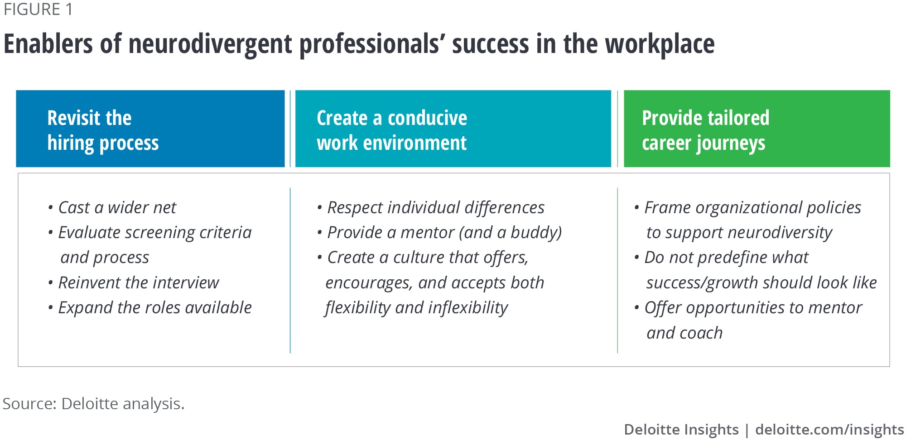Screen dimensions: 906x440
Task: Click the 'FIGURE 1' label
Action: click(x=38, y=10)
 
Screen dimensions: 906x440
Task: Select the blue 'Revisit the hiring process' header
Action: click(x=150, y=129)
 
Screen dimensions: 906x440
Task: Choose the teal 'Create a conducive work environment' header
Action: click(x=453, y=129)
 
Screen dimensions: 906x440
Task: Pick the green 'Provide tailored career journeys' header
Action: click(x=757, y=129)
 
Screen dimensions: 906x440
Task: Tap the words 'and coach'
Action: click(x=684, y=333)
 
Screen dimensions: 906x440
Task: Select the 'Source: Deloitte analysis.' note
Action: click(x=94, y=403)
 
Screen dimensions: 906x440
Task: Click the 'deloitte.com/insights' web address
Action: click(x=829, y=429)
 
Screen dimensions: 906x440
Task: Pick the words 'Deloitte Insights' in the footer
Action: click(x=681, y=429)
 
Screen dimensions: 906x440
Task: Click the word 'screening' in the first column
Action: click(x=160, y=233)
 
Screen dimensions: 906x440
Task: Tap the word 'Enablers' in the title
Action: click(x=48, y=44)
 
